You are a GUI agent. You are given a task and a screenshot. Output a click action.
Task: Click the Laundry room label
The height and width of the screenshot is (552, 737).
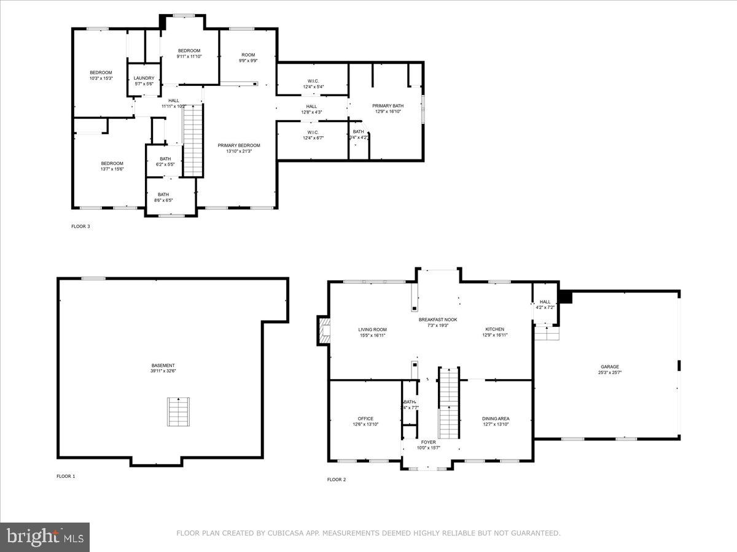(x=144, y=79)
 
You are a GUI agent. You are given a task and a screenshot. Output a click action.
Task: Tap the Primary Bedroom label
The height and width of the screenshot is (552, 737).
(x=239, y=145)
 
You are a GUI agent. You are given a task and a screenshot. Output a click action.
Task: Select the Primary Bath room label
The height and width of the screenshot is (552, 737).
(x=388, y=106)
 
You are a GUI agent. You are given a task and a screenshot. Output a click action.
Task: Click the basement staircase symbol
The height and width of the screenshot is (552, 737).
(x=179, y=412)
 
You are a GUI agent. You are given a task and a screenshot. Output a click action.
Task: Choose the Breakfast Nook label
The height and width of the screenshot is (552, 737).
(x=437, y=320)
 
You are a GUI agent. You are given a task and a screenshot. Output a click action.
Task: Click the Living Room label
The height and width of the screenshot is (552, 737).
(x=372, y=329)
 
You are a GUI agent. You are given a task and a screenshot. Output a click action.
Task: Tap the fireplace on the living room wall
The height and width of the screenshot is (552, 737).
(x=324, y=331)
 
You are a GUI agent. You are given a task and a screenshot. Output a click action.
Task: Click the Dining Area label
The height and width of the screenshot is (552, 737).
(x=496, y=419)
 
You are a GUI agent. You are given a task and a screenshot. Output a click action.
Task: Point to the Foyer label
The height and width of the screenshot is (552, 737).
(x=428, y=442)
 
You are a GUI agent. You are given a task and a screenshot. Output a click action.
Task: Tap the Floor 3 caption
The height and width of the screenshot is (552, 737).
(x=80, y=226)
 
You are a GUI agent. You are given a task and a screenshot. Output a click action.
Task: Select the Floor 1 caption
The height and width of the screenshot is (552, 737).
(x=66, y=476)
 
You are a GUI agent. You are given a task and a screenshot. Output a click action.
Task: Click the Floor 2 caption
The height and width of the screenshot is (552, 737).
(x=336, y=479)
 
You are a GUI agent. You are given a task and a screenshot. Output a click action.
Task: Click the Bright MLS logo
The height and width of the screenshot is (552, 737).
(x=45, y=537)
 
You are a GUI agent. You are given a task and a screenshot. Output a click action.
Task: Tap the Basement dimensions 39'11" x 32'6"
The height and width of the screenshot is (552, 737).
(x=163, y=371)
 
